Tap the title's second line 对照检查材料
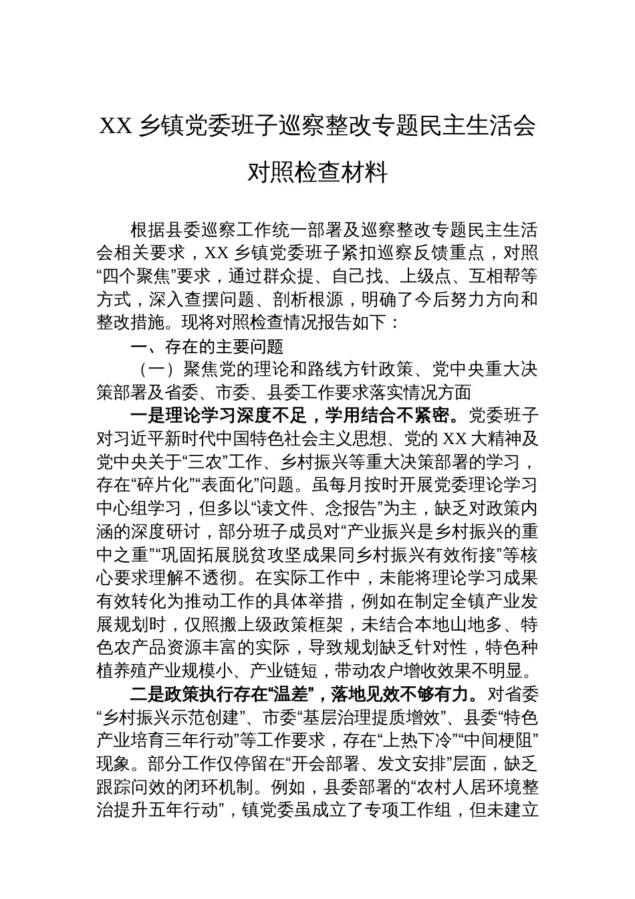(x=317, y=173)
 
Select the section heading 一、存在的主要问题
(x=207, y=346)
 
